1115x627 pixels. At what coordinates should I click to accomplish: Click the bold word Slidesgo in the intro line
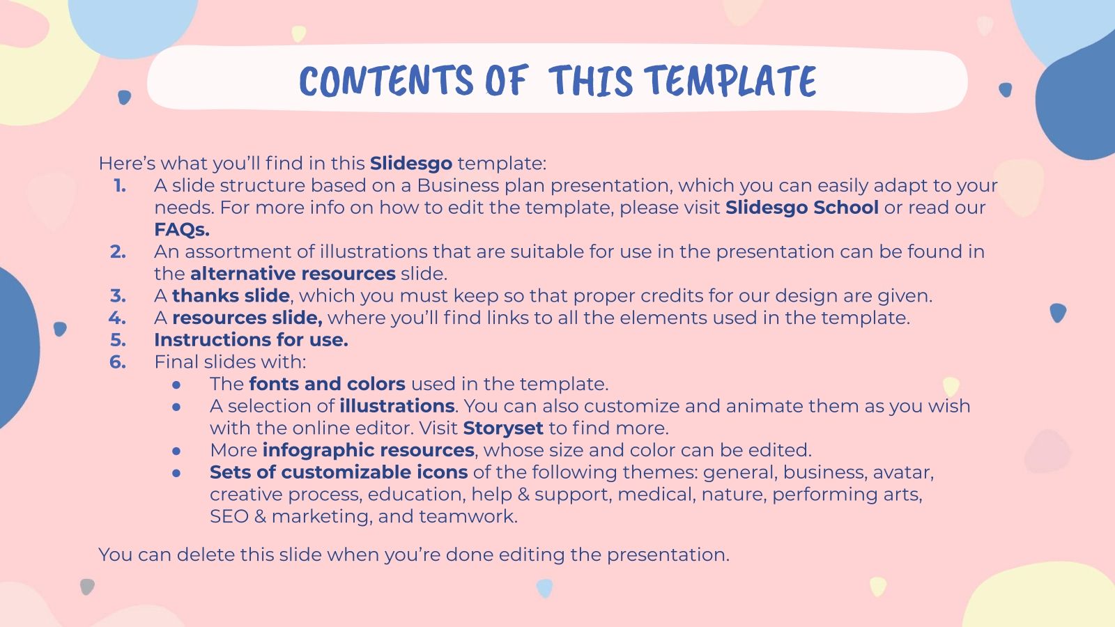[411, 164]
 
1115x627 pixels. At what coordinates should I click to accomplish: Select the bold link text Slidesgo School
[801, 208]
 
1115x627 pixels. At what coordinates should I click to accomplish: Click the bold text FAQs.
[182, 230]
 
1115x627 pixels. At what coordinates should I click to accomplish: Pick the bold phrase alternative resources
[293, 274]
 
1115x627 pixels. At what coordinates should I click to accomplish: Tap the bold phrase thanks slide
[231, 296]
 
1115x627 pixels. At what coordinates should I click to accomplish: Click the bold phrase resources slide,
[247, 318]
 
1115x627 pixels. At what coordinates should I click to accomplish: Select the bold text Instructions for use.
[251, 340]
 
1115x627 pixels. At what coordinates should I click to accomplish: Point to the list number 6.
[118, 362]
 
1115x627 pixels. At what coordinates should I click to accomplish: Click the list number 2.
[118, 251]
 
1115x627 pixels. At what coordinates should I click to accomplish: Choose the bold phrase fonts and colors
[327, 385]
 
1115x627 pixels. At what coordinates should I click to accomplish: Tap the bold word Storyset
[502, 428]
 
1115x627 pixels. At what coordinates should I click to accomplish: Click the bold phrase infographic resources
[368, 451]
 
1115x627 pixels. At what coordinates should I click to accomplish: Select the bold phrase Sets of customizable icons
[339, 472]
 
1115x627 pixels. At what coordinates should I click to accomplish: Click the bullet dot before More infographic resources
[177, 451]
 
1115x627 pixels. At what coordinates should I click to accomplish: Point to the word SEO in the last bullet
[229, 517]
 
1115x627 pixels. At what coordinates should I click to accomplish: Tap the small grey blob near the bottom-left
[87, 587]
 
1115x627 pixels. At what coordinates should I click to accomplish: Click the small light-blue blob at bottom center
[545, 588]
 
